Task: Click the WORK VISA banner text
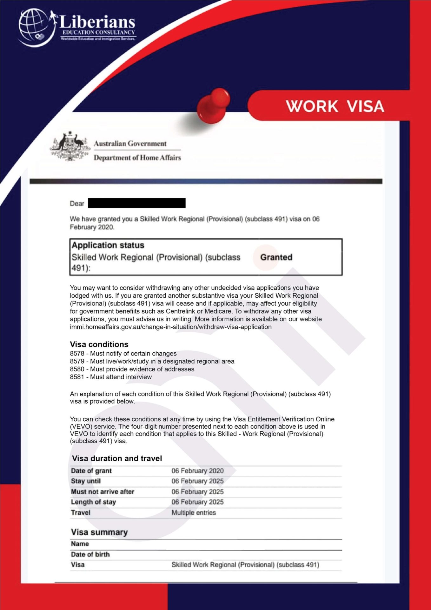335,106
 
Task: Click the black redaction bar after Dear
136,203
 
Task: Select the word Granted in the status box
276,257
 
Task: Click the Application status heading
108,245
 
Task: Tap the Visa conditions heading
99,344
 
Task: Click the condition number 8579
77,361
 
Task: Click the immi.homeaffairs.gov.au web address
170,327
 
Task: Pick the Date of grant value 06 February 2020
197,471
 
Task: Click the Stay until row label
86,481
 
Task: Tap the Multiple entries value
194,513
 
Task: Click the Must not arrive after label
103,492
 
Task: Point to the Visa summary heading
99,532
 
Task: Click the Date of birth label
90,554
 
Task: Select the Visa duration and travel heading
117,458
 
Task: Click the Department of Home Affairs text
137,158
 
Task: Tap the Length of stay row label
93,502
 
